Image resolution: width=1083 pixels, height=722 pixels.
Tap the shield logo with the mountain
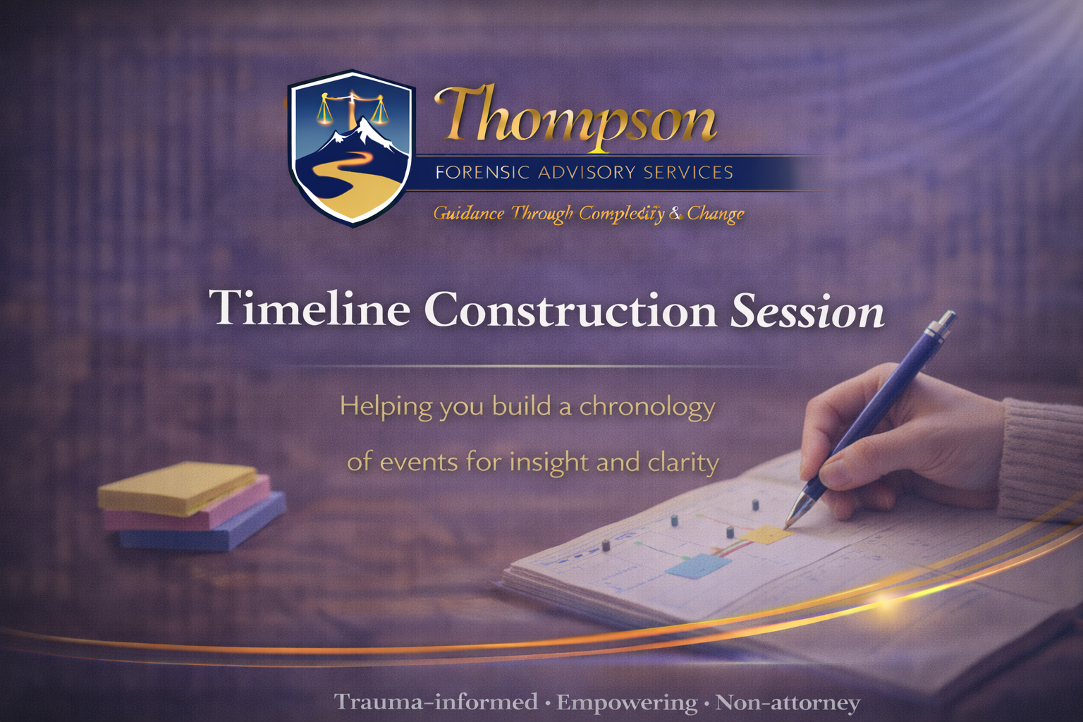point(352,149)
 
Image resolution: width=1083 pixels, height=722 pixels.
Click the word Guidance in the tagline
point(468,213)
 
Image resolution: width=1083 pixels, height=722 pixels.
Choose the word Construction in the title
point(571,309)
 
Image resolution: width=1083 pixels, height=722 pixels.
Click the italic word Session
point(807,310)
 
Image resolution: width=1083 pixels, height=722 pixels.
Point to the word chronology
point(647,407)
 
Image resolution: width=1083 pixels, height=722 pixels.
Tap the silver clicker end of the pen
point(946,319)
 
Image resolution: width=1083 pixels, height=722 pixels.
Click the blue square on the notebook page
point(699,565)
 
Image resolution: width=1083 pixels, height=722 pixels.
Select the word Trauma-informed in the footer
point(436,702)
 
